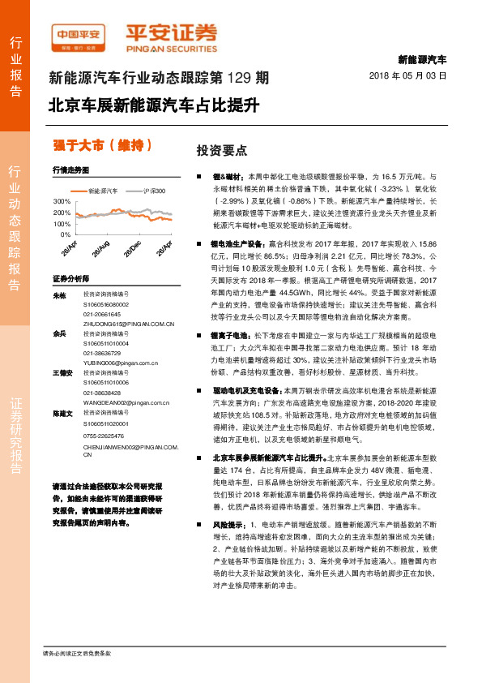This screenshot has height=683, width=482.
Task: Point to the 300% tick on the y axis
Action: [x=61, y=200]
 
